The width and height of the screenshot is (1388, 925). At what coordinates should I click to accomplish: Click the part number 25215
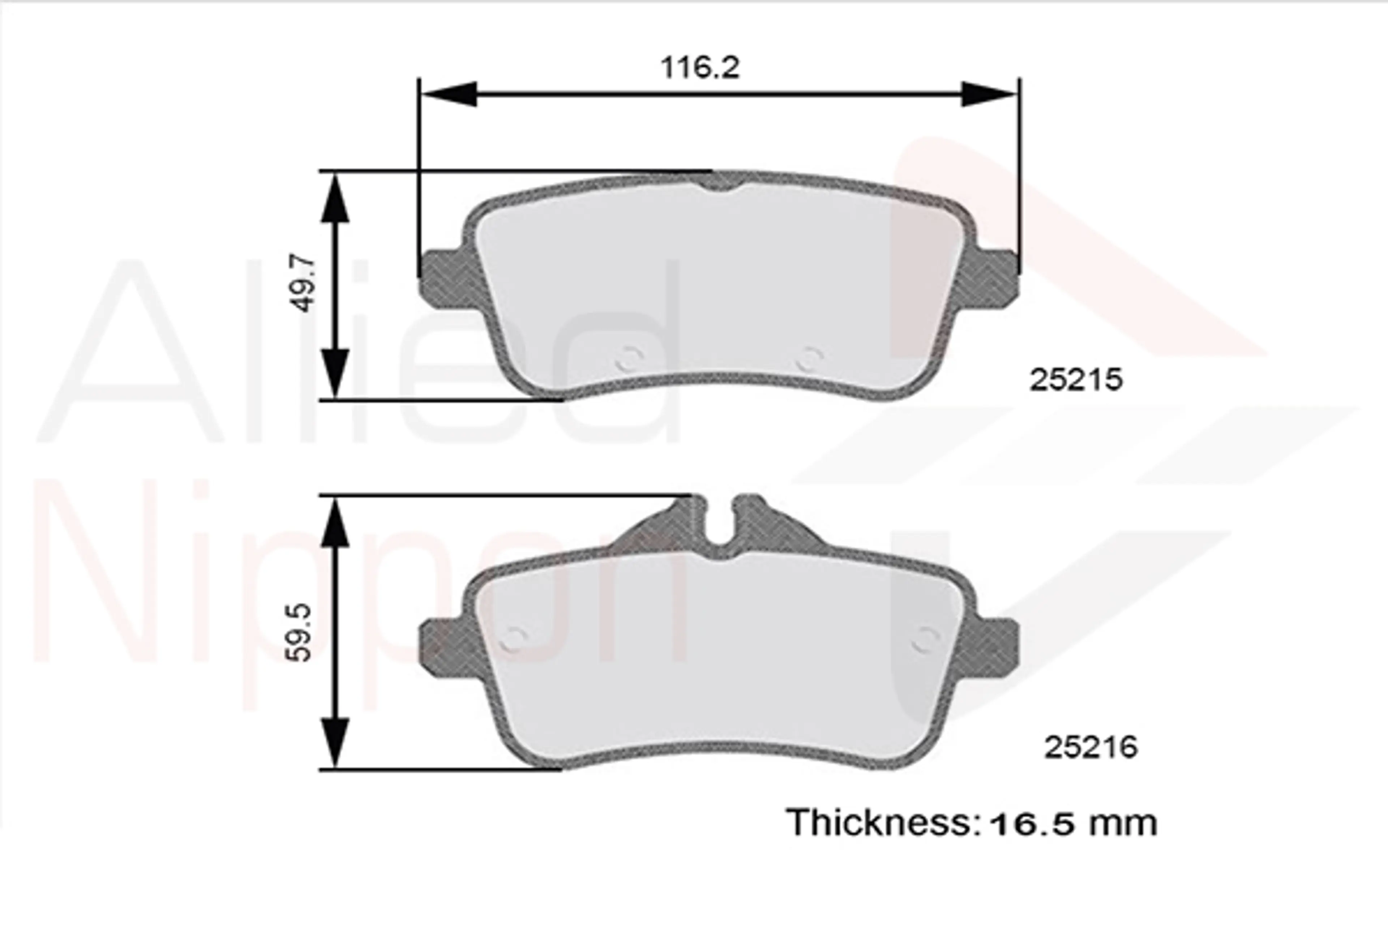(1076, 380)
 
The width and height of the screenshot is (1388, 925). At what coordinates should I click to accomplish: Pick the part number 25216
(1091, 748)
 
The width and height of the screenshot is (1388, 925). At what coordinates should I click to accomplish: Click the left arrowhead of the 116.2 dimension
(450, 94)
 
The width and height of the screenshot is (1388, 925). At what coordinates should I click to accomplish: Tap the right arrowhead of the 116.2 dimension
(989, 94)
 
